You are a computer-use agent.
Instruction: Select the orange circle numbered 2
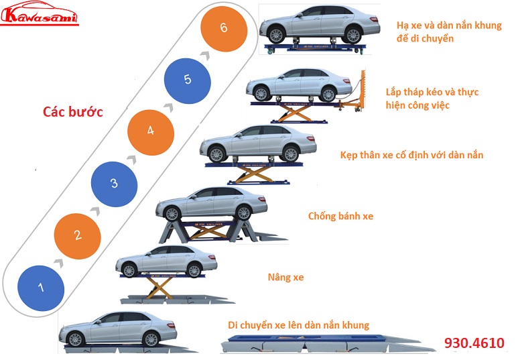pyautogui.click(x=78, y=235)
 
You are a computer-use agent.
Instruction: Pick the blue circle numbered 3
pyautogui.click(x=114, y=183)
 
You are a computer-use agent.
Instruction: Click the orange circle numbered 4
pyautogui.click(x=150, y=131)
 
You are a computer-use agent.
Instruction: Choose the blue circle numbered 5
pyautogui.click(x=187, y=80)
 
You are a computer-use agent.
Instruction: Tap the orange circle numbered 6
pyautogui.click(x=224, y=28)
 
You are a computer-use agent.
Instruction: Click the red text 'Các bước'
pyautogui.click(x=72, y=111)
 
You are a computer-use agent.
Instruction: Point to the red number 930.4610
pyautogui.click(x=474, y=343)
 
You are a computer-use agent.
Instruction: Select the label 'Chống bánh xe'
pyautogui.click(x=340, y=216)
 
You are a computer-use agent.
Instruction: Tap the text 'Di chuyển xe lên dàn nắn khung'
pyautogui.click(x=298, y=325)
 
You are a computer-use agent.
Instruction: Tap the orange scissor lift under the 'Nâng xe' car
pyautogui.click(x=161, y=288)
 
